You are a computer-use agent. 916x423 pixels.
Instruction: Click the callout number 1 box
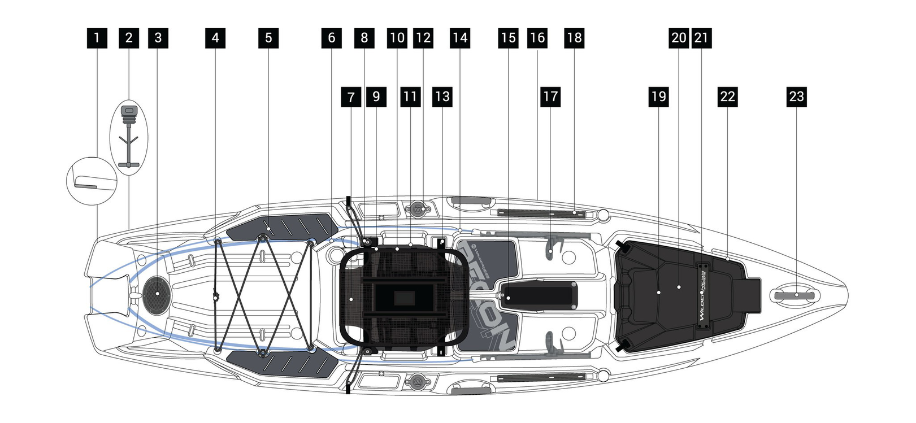[97, 38]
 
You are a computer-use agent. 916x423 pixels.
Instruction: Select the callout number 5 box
[268, 38]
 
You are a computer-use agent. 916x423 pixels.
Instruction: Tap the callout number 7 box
[351, 97]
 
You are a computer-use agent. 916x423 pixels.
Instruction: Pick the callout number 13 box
[442, 97]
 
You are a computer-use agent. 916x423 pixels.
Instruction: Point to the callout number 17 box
[550, 97]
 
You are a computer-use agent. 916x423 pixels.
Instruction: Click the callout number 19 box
[659, 97]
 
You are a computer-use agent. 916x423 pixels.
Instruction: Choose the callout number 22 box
[728, 97]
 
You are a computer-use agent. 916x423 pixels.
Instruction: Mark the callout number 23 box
[796, 97]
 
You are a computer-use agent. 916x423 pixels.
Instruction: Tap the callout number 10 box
[397, 38]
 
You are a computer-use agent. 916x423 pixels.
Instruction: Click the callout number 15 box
[509, 38]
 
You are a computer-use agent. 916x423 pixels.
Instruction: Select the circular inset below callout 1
[92, 180]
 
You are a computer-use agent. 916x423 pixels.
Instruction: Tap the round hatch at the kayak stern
[157, 293]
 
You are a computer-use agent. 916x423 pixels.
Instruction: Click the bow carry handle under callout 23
[794, 295]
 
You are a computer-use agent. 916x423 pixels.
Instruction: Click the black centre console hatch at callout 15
[540, 295]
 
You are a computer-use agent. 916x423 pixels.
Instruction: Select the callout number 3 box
[158, 38]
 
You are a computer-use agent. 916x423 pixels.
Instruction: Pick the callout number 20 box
[679, 38]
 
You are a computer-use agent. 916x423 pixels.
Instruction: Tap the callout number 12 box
[423, 38]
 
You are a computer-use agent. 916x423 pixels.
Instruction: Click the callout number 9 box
[376, 97]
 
